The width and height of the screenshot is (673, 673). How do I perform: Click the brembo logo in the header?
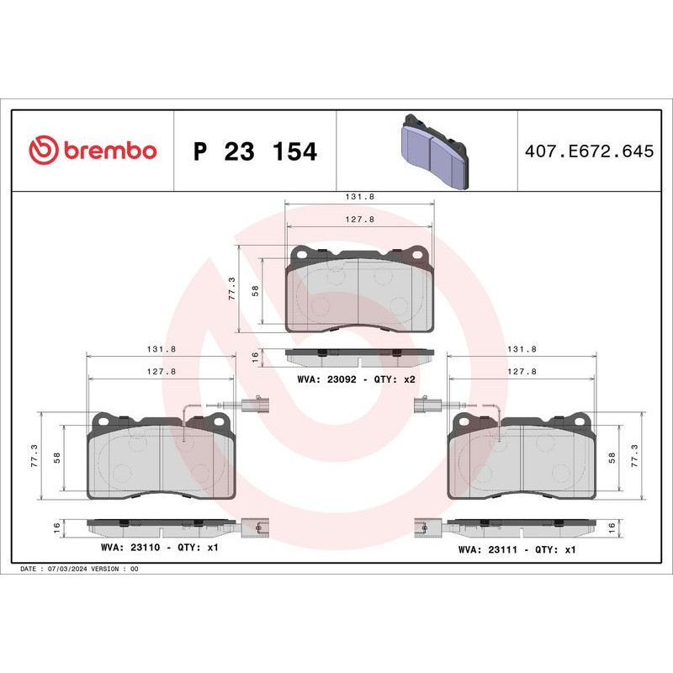93,151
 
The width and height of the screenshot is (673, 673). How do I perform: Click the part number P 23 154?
255,151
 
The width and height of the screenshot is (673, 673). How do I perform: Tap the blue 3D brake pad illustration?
433,151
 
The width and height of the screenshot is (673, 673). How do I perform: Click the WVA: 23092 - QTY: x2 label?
357,379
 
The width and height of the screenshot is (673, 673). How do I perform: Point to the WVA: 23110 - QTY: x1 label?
159,548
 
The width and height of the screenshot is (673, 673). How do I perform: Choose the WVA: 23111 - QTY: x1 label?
517,548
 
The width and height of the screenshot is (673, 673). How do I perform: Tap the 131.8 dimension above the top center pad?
360,196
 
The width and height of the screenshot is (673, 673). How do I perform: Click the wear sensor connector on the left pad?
253,405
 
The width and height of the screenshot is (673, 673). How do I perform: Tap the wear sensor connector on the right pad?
422,405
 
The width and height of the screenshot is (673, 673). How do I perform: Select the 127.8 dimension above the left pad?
162,371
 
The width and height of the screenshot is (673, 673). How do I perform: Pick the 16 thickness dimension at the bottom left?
57,527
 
